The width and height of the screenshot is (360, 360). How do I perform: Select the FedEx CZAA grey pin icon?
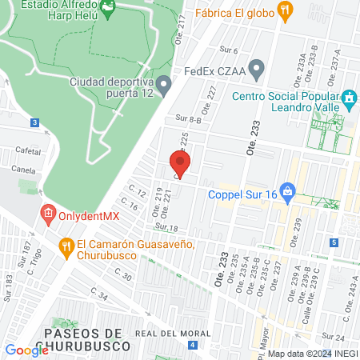point(256,70)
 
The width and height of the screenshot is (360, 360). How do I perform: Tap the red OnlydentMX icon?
point(48,214)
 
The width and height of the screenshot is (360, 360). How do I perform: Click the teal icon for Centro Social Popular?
point(349,100)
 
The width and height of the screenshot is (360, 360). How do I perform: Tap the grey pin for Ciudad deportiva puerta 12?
point(165,83)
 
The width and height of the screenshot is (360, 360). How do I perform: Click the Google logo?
point(26,350)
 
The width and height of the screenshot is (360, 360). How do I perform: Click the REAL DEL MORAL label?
point(166,333)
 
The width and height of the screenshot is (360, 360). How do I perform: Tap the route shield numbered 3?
point(34,122)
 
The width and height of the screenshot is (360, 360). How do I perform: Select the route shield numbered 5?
point(333,242)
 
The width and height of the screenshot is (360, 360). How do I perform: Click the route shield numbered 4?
point(193,345)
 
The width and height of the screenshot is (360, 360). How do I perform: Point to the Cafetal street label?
point(27,150)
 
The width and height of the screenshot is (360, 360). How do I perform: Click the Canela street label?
point(24,170)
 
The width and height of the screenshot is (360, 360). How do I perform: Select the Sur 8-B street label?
point(187,118)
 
